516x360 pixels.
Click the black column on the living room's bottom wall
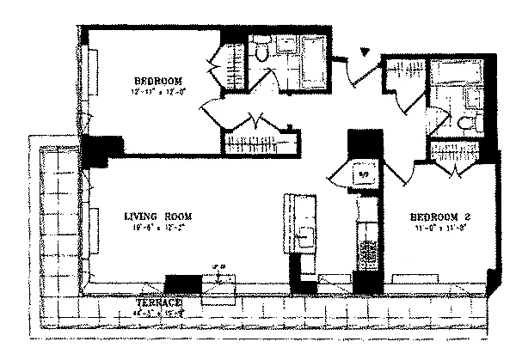coord(181,284)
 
